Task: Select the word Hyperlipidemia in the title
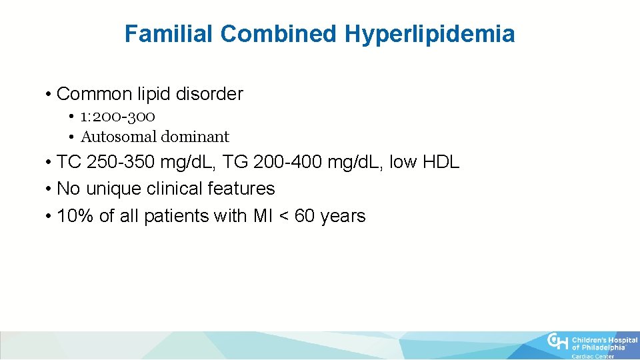click(x=430, y=34)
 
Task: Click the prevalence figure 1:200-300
click(x=118, y=116)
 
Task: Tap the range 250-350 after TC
click(x=122, y=162)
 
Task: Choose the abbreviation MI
click(x=261, y=216)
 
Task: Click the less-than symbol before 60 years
click(x=283, y=217)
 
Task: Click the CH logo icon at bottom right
click(x=558, y=342)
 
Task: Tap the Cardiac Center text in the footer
click(x=593, y=356)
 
